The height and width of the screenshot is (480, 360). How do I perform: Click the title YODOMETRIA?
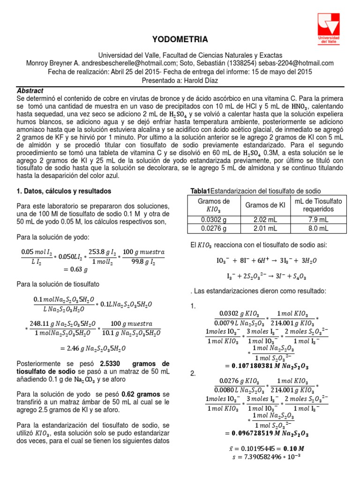click(x=180, y=39)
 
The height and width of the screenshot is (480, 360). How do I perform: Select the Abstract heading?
click(x=30, y=90)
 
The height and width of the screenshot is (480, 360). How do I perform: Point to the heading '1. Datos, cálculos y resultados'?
click(x=64, y=191)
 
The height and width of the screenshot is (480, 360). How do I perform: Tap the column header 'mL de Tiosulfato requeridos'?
click(x=318, y=205)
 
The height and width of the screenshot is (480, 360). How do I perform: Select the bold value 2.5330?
click(x=112, y=364)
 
